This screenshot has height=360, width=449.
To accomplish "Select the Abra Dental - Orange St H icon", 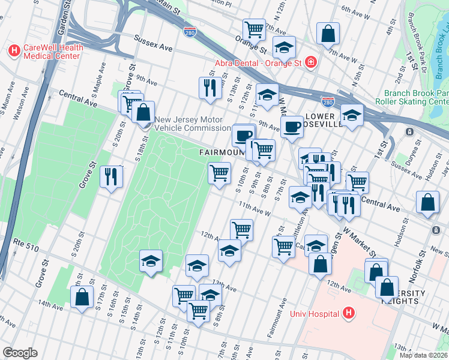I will (x=310, y=62).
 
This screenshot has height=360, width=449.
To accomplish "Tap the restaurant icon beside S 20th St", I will (x=110, y=176).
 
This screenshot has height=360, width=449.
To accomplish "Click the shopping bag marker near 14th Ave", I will (x=81, y=297).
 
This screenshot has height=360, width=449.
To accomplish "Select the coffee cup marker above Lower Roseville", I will (x=292, y=127).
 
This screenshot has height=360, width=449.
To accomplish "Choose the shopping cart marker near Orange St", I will (x=254, y=29).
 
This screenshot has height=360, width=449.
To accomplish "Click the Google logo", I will (x=20, y=353).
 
